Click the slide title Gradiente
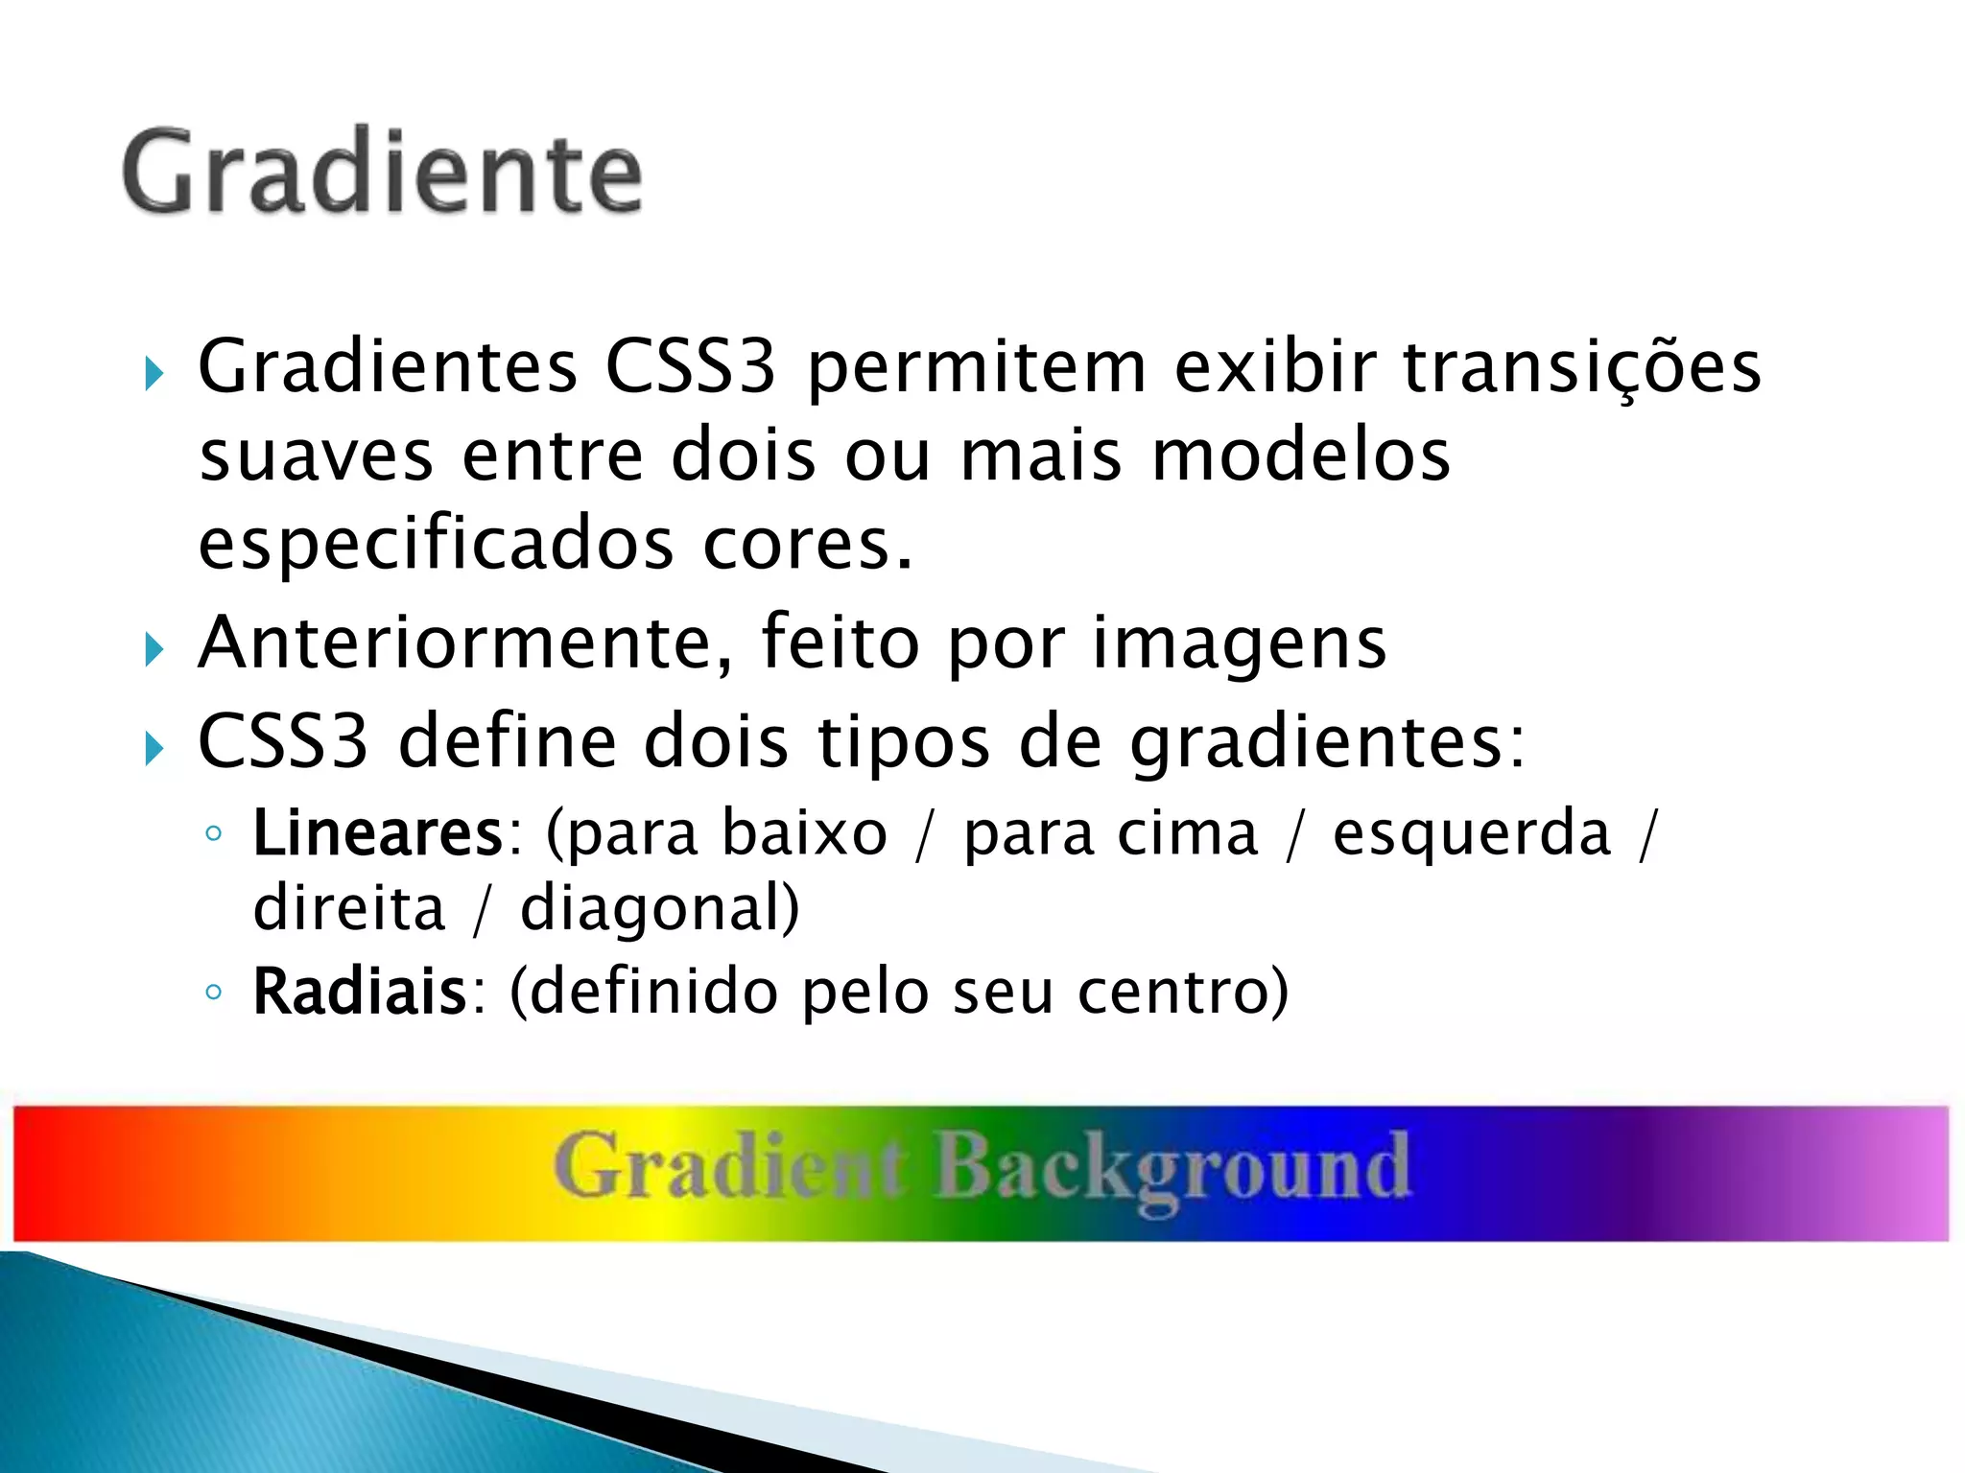382,173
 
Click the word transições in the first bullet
1582,366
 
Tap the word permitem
977,368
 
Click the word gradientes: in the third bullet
1327,743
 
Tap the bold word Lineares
377,833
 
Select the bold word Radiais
359,992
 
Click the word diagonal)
659,908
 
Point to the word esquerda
1472,833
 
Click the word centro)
1182,992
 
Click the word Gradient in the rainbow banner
729,1167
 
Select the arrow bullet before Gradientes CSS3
154,373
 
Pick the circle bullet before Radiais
214,992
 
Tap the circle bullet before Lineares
214,833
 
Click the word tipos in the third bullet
903,743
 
